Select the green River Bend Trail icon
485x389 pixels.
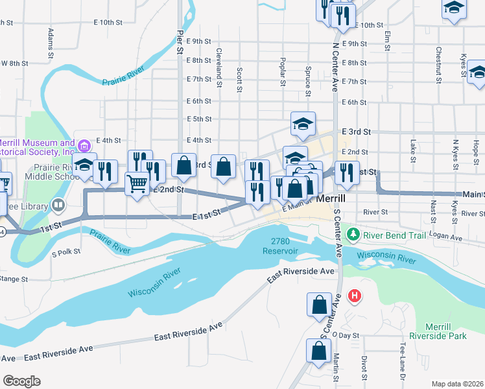coord(353,235)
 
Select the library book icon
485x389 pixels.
coord(59,206)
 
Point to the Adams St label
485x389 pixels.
coord(49,40)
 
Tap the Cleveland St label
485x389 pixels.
coord(220,60)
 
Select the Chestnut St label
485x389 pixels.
coord(438,60)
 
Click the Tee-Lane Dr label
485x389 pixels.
coord(403,360)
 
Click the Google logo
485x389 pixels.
coord(21,381)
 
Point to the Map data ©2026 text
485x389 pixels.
coord(456,384)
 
